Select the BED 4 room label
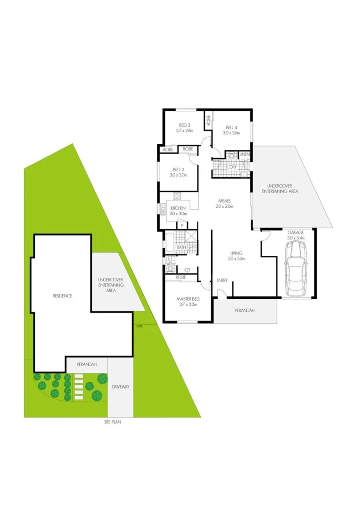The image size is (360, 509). [x=231, y=127]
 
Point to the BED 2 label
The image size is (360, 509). [x=178, y=170]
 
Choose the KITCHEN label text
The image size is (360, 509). [x=178, y=208]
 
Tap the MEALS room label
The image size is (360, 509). [x=224, y=201]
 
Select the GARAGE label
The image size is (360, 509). [x=296, y=233]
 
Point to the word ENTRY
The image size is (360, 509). [x=222, y=280]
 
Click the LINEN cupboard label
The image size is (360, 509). [x=244, y=155]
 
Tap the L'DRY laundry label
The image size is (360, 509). [x=231, y=167]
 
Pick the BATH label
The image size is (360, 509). [x=181, y=247]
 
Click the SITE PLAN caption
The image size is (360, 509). [x=113, y=422]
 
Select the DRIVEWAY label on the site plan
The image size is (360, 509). [x=121, y=386]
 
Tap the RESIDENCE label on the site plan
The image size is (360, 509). [x=62, y=296]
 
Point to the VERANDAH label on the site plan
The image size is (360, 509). [x=87, y=364]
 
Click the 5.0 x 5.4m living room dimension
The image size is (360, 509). [x=237, y=258]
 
